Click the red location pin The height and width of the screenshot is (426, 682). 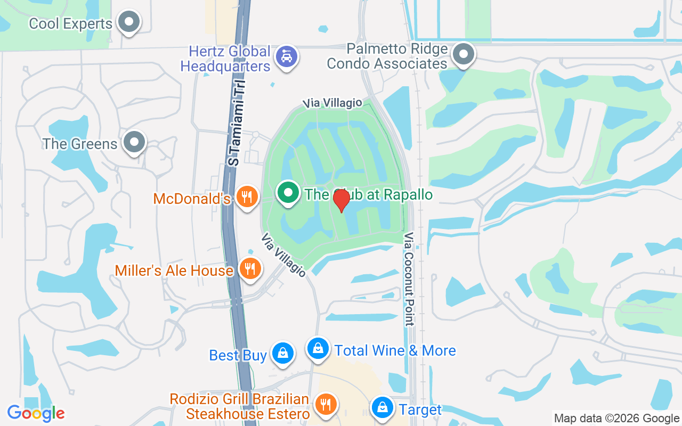[341, 200]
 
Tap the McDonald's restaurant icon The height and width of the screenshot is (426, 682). [246, 197]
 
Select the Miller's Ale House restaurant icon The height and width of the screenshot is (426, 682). [249, 268]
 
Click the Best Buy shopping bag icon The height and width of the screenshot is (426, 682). [282, 353]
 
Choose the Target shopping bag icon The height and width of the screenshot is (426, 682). [383, 407]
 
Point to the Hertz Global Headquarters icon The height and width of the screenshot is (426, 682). [287, 56]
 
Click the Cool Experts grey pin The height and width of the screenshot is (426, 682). [128, 22]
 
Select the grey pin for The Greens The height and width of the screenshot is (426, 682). [134, 142]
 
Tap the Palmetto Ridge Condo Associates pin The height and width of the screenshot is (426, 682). [464, 54]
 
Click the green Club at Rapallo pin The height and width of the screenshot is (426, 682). [288, 193]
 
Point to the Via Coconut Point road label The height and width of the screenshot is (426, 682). [409, 278]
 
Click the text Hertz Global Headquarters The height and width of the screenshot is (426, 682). [225, 59]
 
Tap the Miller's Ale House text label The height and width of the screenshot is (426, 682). [174, 271]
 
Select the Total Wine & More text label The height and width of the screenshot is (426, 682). [395, 350]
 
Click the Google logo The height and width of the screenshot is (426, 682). [36, 413]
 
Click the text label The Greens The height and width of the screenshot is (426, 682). [80, 144]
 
